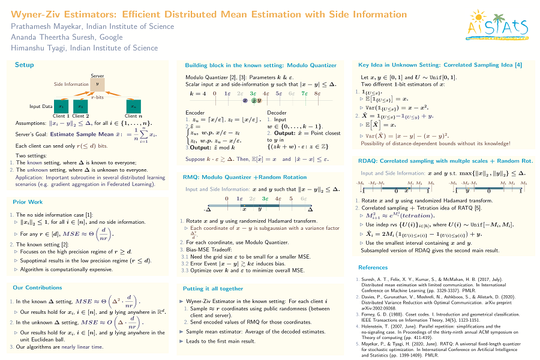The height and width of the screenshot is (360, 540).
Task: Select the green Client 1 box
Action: [x=61, y=106]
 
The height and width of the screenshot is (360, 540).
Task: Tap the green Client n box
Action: [x=133, y=106]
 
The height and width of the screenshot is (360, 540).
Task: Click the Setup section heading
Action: [x=25, y=65]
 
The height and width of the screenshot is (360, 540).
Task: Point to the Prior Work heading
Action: [x=28, y=202]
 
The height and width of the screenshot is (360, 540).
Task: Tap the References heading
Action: [x=373, y=268]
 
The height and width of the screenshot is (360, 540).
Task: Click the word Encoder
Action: [x=195, y=113]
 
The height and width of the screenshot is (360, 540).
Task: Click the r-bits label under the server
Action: [x=97, y=96]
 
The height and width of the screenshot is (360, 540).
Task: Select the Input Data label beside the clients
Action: [x=41, y=107]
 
